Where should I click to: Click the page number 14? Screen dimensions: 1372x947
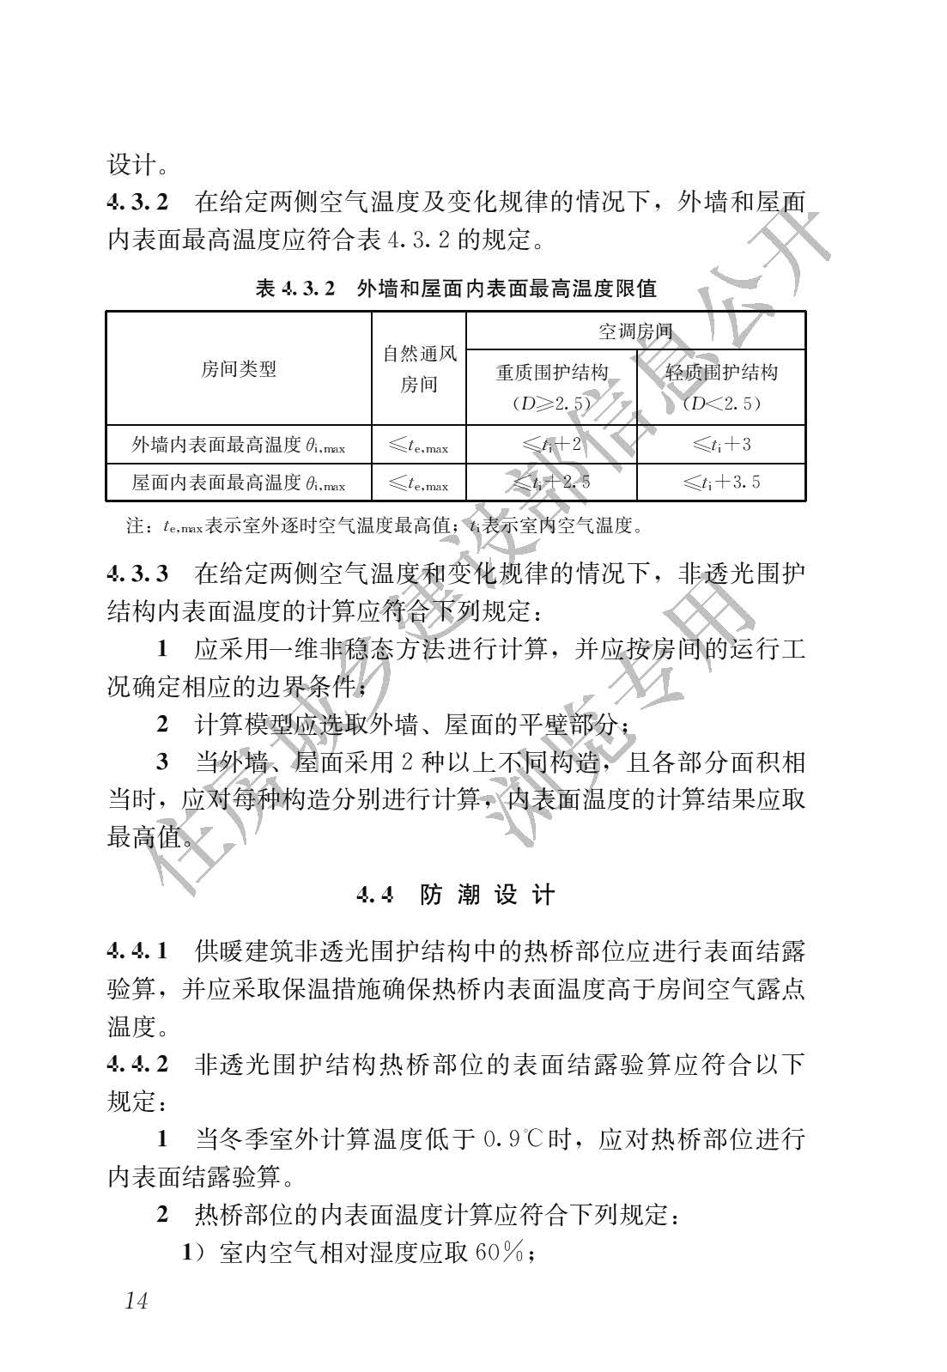click(x=136, y=1301)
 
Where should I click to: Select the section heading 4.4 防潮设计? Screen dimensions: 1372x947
click(x=456, y=895)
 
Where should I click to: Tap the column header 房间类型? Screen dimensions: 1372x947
click(x=238, y=369)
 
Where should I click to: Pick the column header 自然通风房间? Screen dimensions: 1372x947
click(x=419, y=369)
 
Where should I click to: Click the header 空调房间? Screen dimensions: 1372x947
click(x=634, y=331)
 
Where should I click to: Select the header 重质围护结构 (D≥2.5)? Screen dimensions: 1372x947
click(x=551, y=387)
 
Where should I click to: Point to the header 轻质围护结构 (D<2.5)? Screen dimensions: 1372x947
click(x=721, y=387)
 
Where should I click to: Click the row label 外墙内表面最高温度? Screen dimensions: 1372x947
click(x=238, y=445)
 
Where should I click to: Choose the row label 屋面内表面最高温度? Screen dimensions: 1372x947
click(x=238, y=483)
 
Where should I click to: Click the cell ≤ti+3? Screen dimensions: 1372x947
click(x=721, y=445)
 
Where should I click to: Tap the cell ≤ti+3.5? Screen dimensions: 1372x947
click(x=721, y=483)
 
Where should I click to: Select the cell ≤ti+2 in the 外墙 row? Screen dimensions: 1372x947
click(x=551, y=445)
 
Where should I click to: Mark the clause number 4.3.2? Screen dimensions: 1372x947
click(x=138, y=203)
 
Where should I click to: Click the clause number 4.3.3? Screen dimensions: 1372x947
click(x=138, y=574)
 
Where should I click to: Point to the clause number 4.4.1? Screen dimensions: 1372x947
click(x=138, y=950)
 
